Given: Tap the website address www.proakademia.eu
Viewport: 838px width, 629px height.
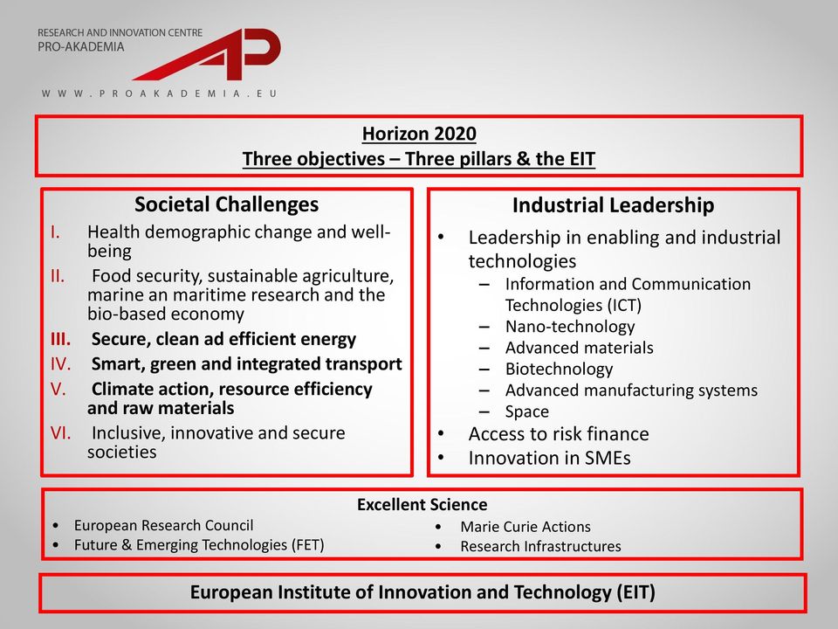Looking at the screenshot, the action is [159, 93].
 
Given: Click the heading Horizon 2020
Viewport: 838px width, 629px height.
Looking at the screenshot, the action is [419, 134].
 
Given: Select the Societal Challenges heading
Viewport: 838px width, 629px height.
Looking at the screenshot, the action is [227, 204].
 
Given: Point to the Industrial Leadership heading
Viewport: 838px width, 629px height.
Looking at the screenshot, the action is [613, 205].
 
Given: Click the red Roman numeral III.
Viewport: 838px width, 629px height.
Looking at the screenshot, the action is [60, 339].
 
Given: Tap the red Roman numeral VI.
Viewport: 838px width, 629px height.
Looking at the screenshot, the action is [60, 432].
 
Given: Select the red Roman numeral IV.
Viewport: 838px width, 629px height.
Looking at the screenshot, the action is [60, 364].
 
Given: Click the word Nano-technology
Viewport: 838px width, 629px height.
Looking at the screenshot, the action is [570, 326].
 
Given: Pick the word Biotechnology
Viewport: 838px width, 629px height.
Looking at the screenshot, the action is [559, 369].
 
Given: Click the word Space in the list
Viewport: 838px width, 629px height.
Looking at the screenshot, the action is [527, 411].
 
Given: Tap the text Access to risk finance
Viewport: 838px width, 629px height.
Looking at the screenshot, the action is [559, 434].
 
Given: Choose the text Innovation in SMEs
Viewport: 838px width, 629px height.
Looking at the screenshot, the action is [549, 459].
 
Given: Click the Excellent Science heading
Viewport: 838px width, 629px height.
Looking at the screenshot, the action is [422, 504].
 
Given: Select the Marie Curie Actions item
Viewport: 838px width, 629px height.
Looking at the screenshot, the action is [525, 527].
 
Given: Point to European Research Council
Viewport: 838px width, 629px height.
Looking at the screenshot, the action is [163, 525].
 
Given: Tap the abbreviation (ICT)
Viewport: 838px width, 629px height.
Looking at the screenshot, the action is [623, 306].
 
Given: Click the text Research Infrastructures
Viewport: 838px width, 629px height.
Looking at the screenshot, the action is [540, 547].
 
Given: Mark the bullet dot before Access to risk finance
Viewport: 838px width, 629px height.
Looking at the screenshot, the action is [441, 434].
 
